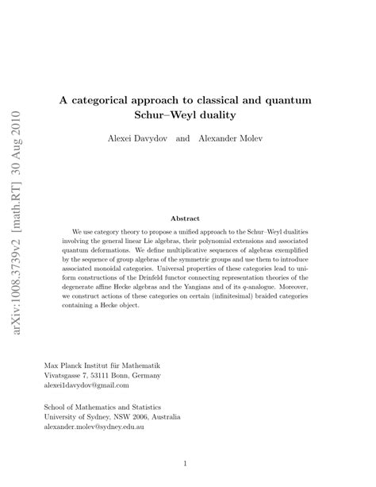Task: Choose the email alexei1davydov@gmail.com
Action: tap(86, 385)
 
